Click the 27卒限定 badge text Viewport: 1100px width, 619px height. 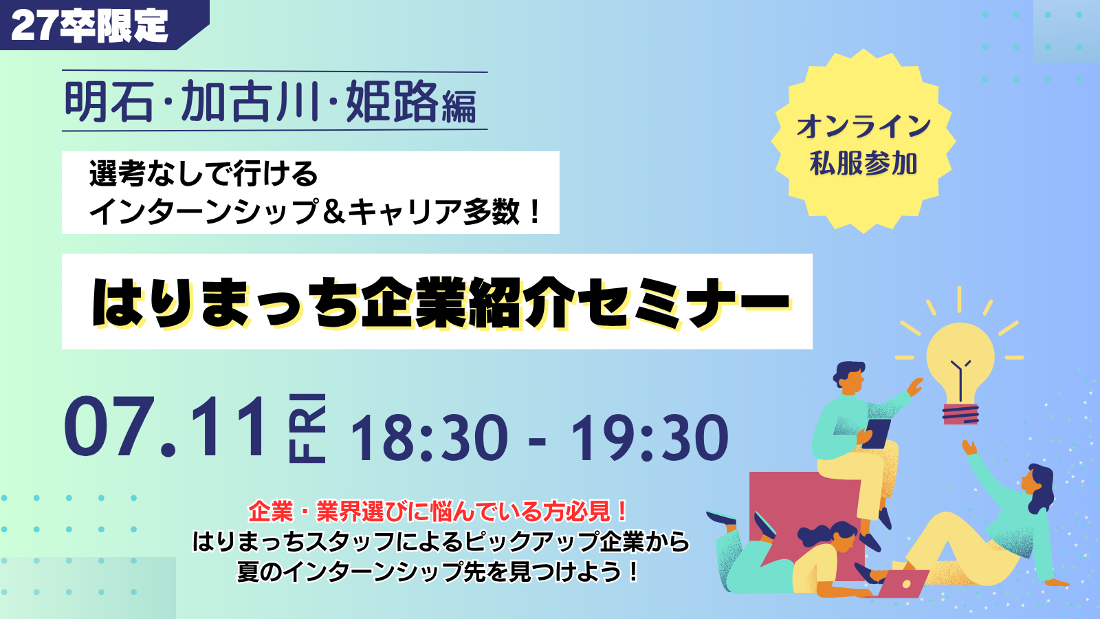point(89,25)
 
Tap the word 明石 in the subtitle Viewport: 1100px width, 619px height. point(109,101)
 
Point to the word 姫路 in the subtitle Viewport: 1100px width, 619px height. point(392,101)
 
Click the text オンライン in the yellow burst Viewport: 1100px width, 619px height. point(863,127)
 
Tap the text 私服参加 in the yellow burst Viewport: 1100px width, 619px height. point(863,164)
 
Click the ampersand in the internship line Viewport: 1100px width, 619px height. point(335,212)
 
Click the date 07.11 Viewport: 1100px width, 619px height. point(164,426)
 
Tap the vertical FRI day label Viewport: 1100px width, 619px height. point(307,428)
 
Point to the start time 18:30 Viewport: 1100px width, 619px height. point(429,437)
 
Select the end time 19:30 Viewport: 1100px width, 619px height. point(649,437)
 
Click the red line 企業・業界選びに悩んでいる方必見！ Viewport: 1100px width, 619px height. point(438,512)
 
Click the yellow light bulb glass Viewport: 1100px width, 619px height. point(960,365)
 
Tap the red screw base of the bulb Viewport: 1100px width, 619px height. point(960,413)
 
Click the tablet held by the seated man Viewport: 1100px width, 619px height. point(877,433)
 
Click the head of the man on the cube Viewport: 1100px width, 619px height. point(850,377)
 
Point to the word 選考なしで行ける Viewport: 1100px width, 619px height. point(203,174)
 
